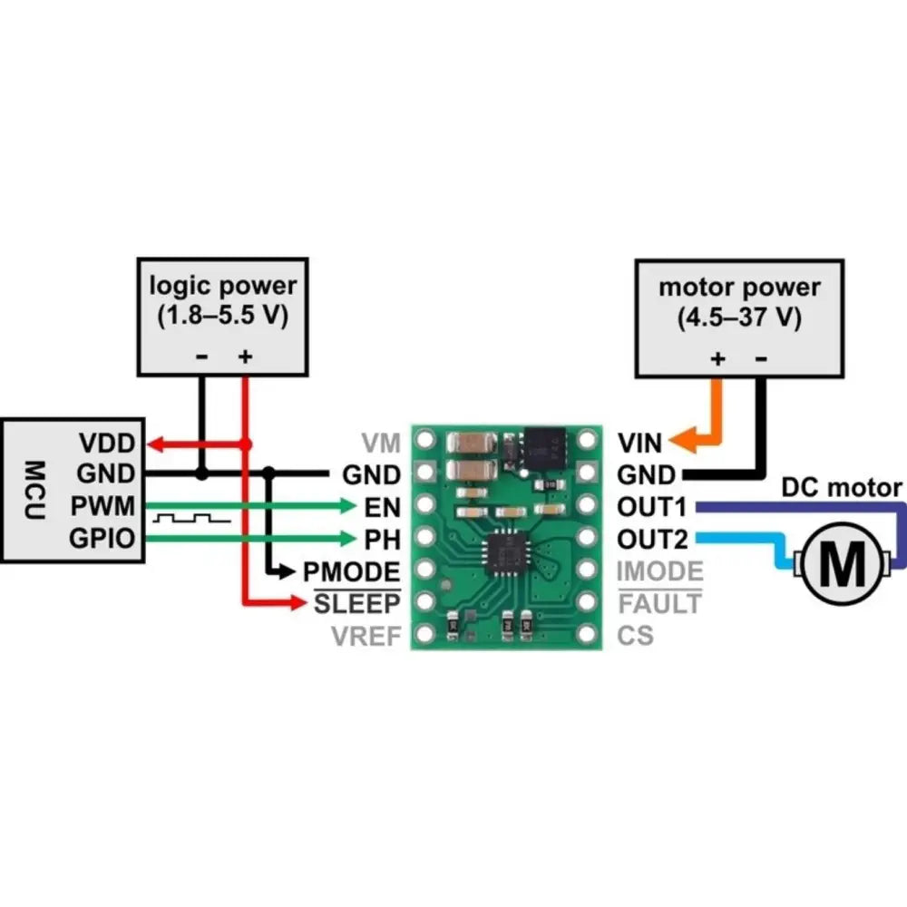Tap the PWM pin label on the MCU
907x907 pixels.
(108, 505)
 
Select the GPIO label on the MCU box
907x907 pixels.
(104, 539)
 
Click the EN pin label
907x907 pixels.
(381, 505)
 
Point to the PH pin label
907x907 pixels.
(381, 539)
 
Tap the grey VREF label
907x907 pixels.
(366, 636)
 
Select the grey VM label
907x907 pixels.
(381, 444)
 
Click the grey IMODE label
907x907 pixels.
(659, 571)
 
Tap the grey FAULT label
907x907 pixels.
(659, 603)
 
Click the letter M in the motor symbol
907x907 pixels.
(846, 566)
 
